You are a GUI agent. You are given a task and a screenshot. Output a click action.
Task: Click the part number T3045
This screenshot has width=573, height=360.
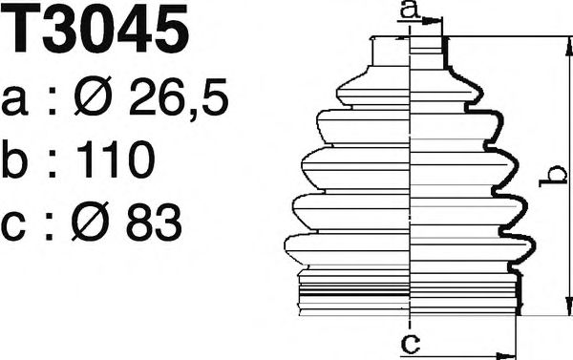coord(95,32)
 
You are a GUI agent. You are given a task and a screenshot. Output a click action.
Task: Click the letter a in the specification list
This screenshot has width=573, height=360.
coord(17,100)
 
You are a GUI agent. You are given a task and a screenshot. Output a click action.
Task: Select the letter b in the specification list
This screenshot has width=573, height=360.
coord(17,160)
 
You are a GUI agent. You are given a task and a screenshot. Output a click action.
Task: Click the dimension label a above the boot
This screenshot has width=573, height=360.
coord(409,11)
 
